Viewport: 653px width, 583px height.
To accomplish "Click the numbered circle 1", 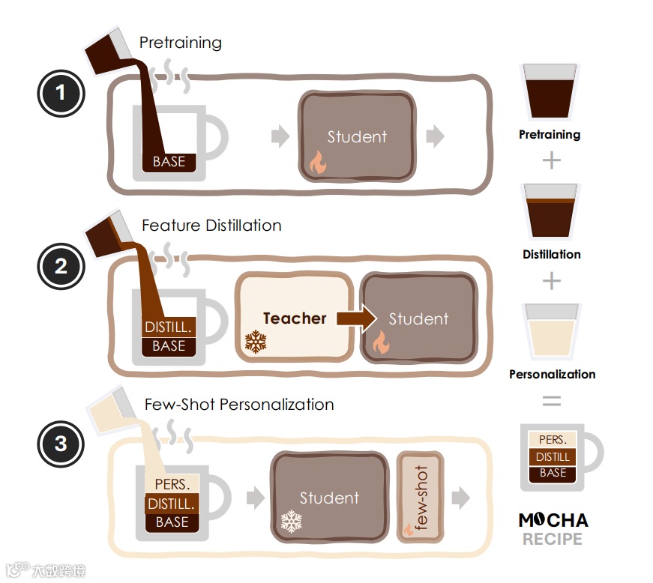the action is coord(61,94).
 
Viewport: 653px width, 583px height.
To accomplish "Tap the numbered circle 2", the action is coord(61,265).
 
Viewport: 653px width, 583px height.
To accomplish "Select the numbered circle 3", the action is coord(61,443).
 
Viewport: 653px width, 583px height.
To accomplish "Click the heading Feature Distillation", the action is coord(211,225).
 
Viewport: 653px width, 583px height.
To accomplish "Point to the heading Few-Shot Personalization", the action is coord(239,405).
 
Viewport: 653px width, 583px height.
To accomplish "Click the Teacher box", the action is coord(294,318).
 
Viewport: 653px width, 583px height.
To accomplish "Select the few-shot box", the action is coord(420,497).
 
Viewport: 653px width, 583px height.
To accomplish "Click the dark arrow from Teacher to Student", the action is coord(356,318).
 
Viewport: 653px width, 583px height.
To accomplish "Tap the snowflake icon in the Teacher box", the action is coord(256,342).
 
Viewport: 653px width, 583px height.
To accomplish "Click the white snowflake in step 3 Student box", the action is coord(290,522).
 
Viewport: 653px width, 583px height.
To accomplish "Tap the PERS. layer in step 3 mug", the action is coord(172,485).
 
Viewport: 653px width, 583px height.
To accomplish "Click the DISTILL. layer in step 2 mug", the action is coord(169,328).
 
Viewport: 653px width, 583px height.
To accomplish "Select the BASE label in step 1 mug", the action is coord(169,161).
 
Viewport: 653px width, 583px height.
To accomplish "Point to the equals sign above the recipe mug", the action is coord(552,402).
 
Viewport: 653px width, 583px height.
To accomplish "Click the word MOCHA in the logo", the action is coord(553,520).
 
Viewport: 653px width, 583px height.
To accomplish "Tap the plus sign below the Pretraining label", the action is coord(552,160).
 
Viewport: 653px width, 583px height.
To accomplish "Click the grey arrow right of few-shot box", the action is coord(460,498).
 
